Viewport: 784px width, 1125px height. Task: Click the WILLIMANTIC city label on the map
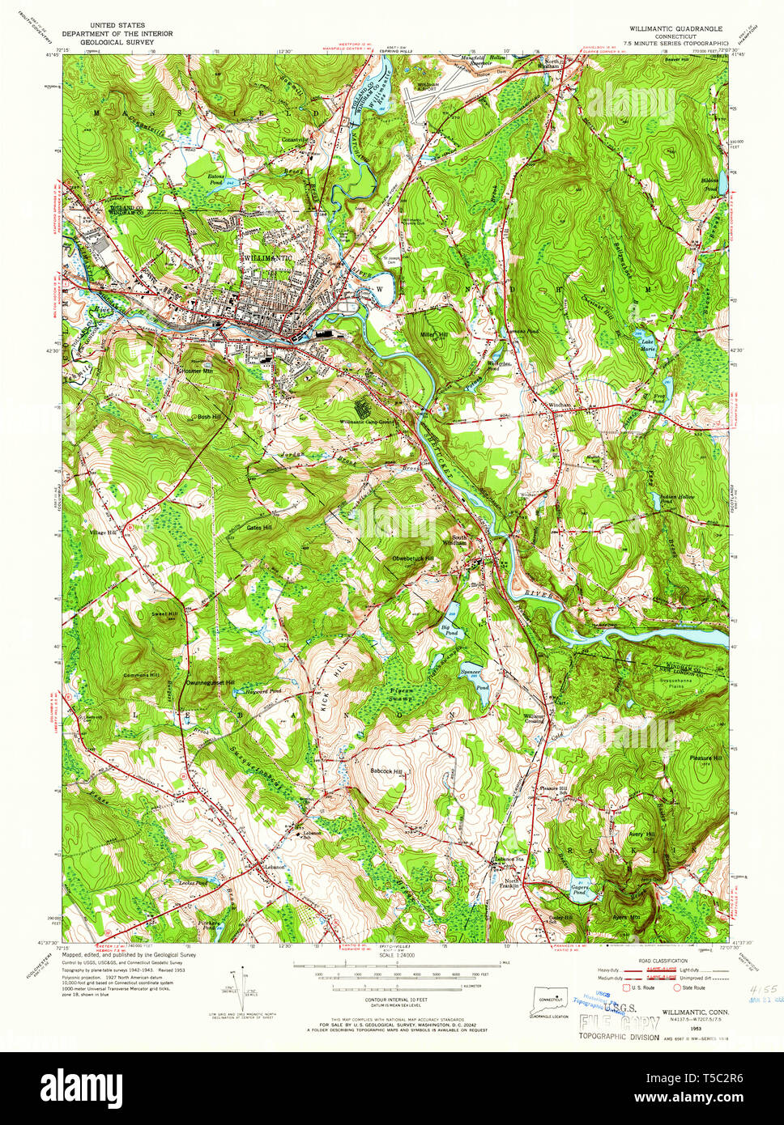click(266, 257)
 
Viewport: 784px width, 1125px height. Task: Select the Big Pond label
click(450, 629)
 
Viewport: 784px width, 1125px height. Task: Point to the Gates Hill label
click(259, 527)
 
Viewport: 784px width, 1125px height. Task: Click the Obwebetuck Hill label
click(413, 558)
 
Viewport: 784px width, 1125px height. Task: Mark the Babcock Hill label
click(386, 771)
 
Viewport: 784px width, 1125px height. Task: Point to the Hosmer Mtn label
click(195, 370)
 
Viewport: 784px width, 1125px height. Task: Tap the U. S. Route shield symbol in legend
click(624, 987)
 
